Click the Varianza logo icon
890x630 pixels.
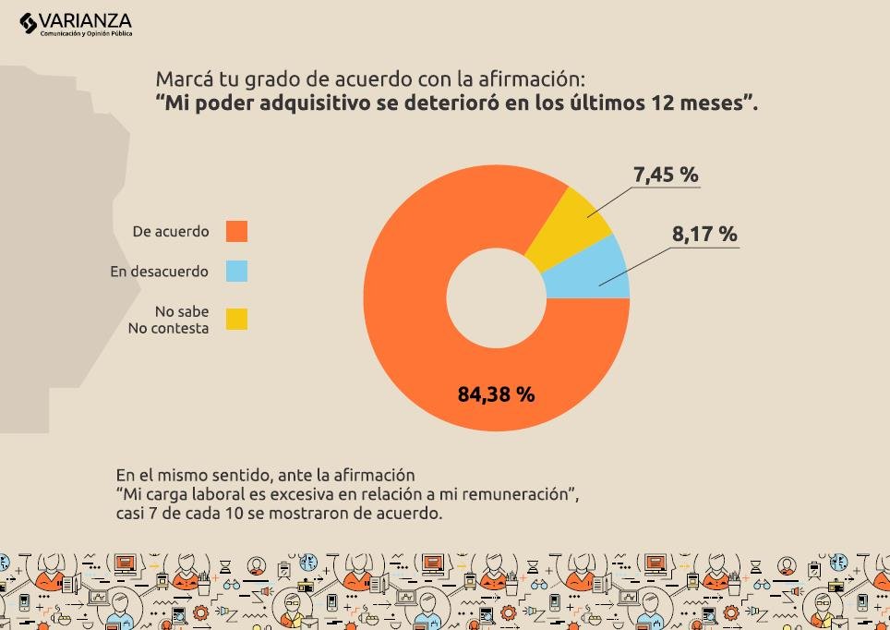coord(28,23)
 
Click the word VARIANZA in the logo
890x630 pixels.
coord(85,21)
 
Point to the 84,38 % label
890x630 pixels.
coord(496,394)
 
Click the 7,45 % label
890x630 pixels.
coord(666,175)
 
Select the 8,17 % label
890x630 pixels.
coord(704,234)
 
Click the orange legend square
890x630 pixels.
coord(236,231)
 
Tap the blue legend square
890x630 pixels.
coord(236,271)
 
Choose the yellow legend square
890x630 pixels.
coord(236,319)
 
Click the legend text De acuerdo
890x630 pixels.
coord(171,231)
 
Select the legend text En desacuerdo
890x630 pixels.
coord(160,271)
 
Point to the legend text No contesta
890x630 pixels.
coord(169,328)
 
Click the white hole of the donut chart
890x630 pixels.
coord(496,297)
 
